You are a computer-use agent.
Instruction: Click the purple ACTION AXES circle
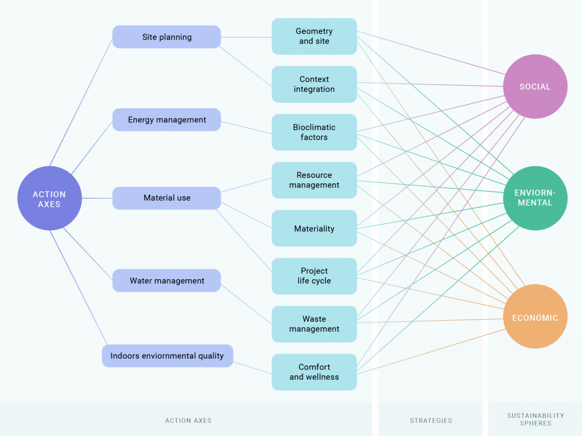tap(49, 198)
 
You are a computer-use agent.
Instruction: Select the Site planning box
tap(167, 37)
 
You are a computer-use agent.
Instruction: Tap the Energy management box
tap(167, 120)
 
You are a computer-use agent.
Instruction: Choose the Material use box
tap(167, 198)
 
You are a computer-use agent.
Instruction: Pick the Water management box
tap(167, 280)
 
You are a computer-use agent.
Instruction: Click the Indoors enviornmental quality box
tap(168, 356)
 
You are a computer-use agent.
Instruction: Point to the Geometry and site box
tap(314, 36)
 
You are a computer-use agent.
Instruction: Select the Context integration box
tap(314, 84)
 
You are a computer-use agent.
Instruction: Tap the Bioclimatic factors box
tap(314, 132)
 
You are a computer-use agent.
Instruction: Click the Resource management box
tap(314, 180)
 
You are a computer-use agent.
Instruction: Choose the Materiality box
tap(314, 229)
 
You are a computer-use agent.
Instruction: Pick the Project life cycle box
tap(314, 276)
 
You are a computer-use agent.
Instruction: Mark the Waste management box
tap(314, 324)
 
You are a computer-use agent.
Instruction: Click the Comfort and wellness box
tap(314, 372)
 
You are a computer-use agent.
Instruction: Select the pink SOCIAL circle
tap(535, 87)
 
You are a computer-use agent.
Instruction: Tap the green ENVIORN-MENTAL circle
tap(535, 198)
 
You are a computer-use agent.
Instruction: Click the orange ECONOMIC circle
tap(535, 317)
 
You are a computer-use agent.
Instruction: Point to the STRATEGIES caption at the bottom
tap(431, 421)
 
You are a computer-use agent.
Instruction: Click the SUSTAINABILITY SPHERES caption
tap(535, 420)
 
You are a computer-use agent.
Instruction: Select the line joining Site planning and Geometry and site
tap(246, 37)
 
